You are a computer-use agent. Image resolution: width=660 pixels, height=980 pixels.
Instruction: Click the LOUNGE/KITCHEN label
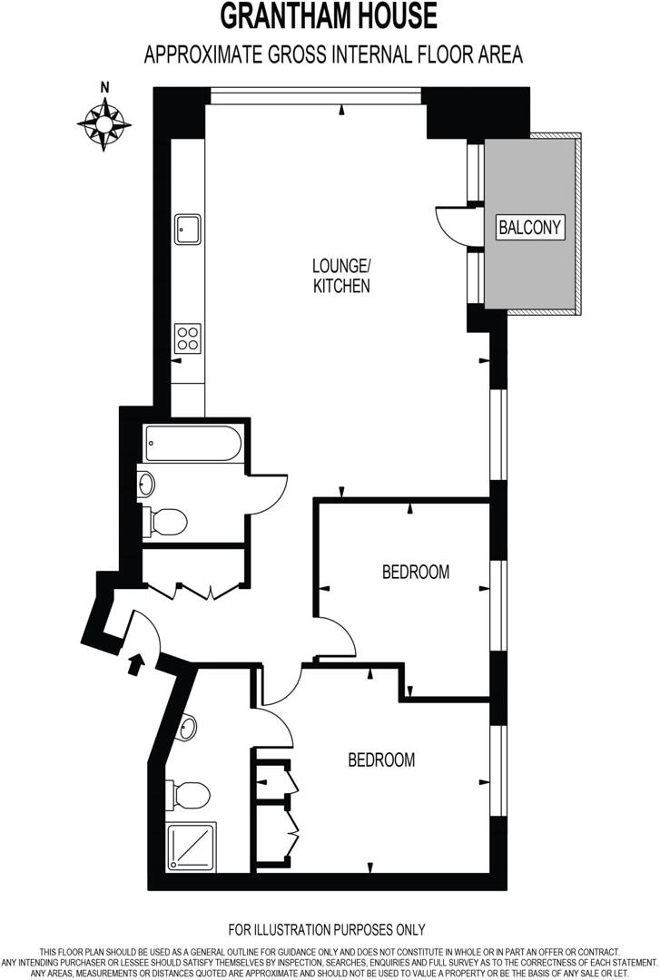(x=341, y=276)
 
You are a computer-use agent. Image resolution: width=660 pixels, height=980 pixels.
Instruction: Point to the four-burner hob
(x=188, y=338)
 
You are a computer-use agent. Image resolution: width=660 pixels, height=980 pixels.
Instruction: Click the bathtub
(x=195, y=444)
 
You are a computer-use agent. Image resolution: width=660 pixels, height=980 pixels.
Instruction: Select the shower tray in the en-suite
(x=192, y=846)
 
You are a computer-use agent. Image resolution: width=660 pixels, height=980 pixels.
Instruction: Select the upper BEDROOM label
(x=416, y=572)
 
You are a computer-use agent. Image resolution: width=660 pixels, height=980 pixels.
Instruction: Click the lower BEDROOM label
(x=381, y=759)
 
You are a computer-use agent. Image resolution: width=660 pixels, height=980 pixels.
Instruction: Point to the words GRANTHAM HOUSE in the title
(x=330, y=16)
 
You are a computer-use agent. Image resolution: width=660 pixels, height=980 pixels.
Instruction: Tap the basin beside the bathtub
(x=146, y=484)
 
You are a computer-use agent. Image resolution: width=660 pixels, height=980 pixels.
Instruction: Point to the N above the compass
(x=105, y=88)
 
